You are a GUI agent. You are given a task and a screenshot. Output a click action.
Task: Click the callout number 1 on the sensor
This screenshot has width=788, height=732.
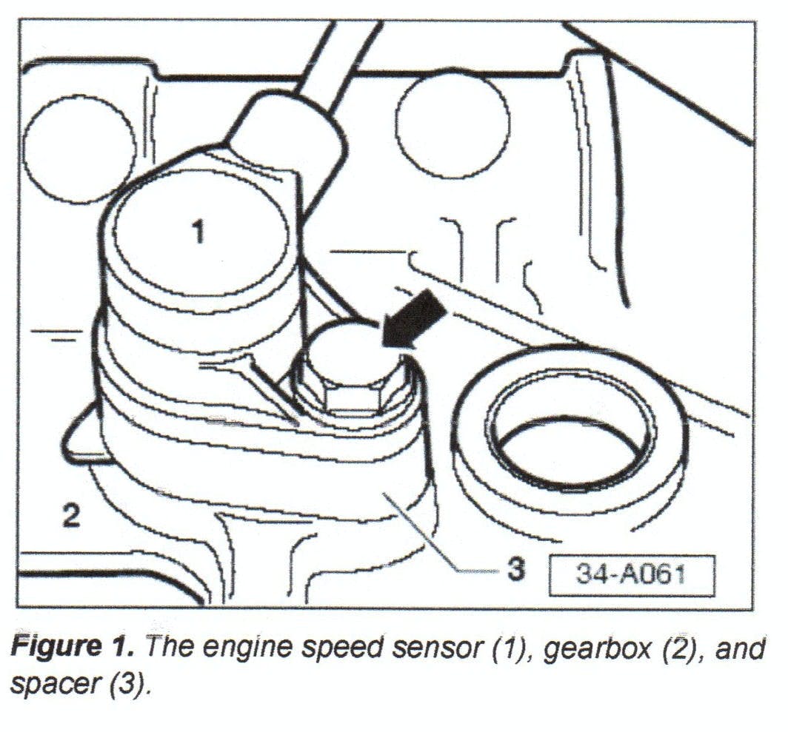pos(198,232)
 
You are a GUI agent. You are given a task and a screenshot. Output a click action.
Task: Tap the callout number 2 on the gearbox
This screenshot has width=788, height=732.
pos(70,516)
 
